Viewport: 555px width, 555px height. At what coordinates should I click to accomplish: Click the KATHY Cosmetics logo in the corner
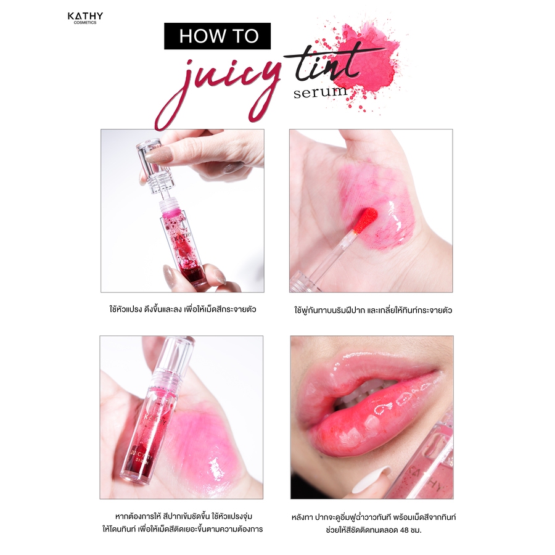(x=85, y=18)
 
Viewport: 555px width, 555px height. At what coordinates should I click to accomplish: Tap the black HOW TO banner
(x=217, y=36)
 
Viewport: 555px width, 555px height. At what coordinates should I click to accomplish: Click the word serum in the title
(x=320, y=92)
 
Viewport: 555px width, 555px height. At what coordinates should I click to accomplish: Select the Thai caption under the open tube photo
(x=183, y=310)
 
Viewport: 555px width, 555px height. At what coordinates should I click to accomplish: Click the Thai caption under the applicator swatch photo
(x=372, y=310)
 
